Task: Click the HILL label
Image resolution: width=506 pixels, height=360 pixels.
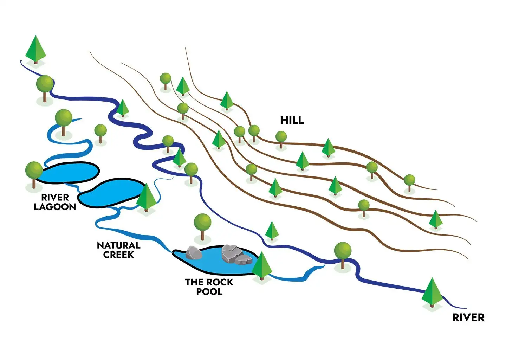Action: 292,120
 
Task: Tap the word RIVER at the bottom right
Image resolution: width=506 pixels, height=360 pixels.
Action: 468,317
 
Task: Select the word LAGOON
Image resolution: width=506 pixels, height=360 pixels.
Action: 55,207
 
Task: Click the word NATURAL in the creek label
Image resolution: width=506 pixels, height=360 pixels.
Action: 118,245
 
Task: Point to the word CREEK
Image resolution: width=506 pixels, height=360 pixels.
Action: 118,255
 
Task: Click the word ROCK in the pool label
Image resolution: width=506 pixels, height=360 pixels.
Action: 221,282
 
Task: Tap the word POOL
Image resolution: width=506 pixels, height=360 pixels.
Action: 209,291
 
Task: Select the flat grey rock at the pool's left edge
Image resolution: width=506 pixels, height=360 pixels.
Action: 194,253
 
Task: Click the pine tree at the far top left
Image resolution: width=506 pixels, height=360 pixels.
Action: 35,48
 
